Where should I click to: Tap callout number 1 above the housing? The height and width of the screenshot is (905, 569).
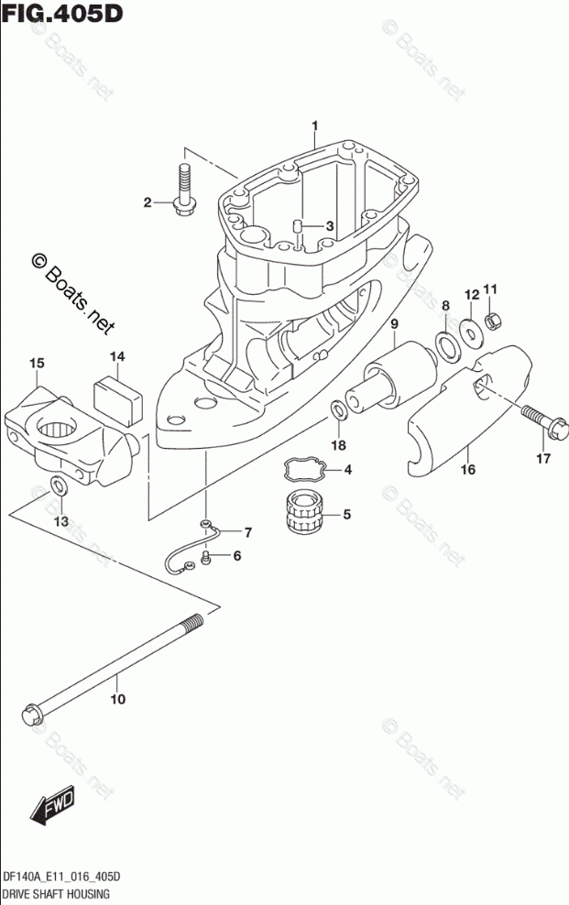tap(313, 125)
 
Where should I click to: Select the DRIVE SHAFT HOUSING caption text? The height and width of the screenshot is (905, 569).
tap(56, 892)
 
